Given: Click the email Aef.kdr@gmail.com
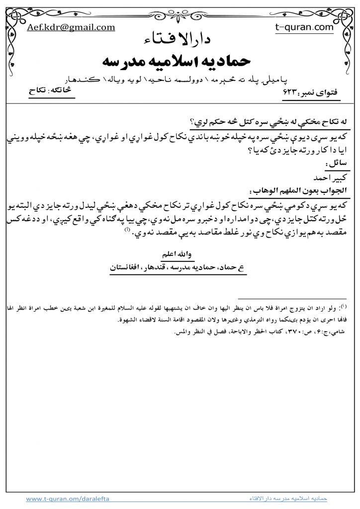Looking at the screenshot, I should [x=71, y=28].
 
